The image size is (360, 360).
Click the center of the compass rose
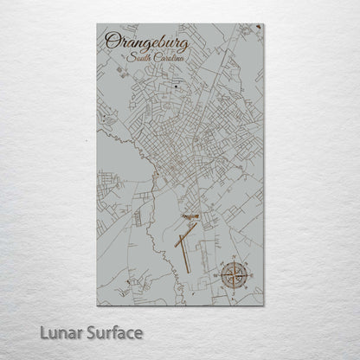coord(234,276)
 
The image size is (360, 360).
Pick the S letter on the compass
coord(234,292)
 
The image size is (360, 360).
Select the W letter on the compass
coord(218,277)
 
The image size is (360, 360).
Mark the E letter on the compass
coord(249,277)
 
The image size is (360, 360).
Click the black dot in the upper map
coord(179,86)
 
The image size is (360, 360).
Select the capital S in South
coord(129,57)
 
